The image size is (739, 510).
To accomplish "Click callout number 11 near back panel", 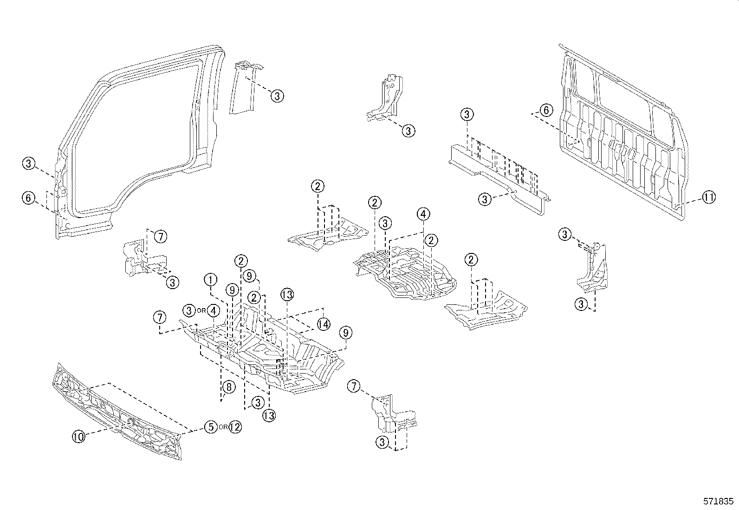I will tap(708, 198).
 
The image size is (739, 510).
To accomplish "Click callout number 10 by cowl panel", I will tap(79, 436).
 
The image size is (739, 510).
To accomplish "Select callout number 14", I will tap(324, 323).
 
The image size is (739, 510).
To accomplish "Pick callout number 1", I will tap(211, 279).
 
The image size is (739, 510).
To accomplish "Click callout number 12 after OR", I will tap(235, 427).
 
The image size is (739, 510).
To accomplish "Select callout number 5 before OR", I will tap(211, 427).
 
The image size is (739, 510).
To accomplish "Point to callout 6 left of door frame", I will tap(28, 198).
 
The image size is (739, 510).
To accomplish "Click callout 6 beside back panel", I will tap(546, 110).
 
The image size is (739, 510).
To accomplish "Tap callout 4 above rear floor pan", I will tap(423, 214).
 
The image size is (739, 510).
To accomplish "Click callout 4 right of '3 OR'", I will tap(213, 310).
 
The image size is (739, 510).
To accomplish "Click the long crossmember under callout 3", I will tap(497, 176).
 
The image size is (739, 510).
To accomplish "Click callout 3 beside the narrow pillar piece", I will tap(277, 96).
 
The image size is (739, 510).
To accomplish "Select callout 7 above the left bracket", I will tap(160, 237).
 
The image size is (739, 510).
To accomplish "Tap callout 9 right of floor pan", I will tap(345, 332).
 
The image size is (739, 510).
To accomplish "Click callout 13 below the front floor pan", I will tap(269, 415).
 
